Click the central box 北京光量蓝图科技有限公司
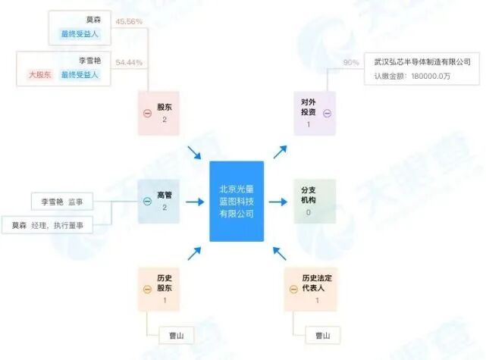237,201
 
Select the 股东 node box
158,113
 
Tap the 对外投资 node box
314,113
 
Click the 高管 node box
158,201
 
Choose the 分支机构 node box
314,201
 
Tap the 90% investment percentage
351,62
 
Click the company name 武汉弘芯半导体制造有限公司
422,62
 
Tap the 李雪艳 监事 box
62,202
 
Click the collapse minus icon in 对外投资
328,113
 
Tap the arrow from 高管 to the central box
195,202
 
